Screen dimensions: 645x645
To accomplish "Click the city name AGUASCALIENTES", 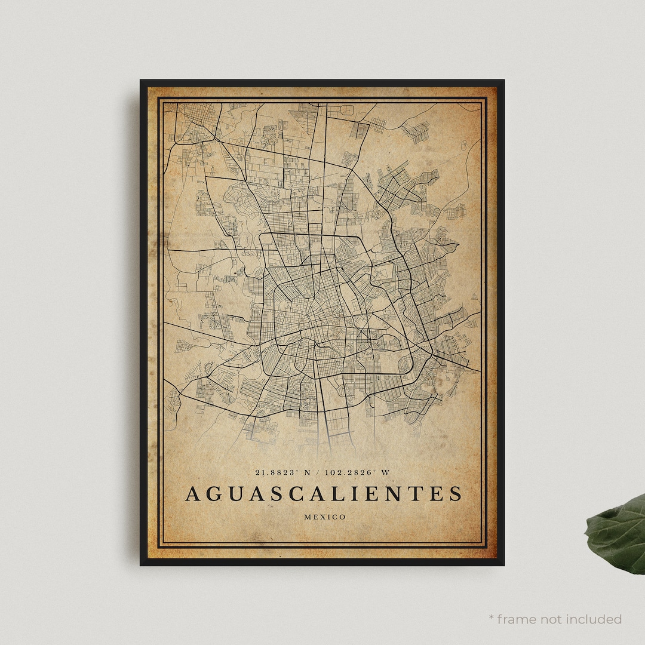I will pyautogui.click(x=323, y=494).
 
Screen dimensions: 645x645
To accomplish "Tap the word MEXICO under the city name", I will pyautogui.click(x=324, y=517).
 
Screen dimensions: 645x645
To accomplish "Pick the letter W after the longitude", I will pyautogui.click(x=385, y=472).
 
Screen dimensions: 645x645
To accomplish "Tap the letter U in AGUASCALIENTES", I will pyautogui.click(x=235, y=494).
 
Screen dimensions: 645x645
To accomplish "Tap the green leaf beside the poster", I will pyautogui.click(x=618, y=533).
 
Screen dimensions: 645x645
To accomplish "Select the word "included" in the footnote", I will pyautogui.click(x=595, y=619).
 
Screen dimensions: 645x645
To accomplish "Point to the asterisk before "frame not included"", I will pyautogui.click(x=491, y=617).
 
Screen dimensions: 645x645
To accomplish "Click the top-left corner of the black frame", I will pyautogui.click(x=141, y=81).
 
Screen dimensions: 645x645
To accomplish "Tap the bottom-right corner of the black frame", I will pyautogui.click(x=503, y=564).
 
